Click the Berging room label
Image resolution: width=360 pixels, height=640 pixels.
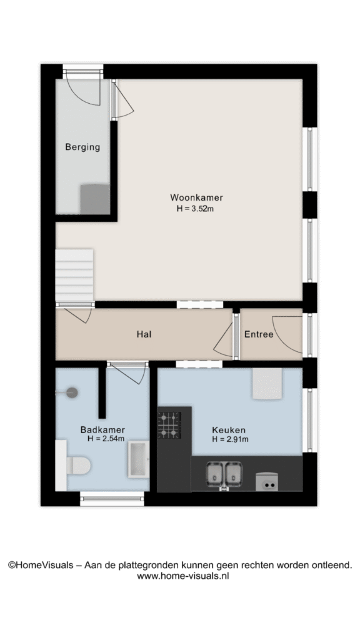click(82, 147)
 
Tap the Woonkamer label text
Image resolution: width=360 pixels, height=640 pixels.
click(196, 197)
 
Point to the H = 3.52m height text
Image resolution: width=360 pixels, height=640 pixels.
click(196, 209)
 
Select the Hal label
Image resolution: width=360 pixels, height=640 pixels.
click(144, 334)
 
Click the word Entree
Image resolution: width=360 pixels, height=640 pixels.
click(259, 334)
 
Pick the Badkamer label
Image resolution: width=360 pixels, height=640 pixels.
click(102, 430)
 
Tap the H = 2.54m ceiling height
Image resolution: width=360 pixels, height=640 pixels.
click(106, 439)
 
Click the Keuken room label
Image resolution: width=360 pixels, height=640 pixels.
click(229, 430)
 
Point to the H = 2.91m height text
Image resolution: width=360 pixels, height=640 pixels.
click(230, 439)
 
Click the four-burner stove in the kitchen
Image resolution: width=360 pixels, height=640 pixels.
click(169, 425)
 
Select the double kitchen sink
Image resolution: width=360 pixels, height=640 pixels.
click(224, 474)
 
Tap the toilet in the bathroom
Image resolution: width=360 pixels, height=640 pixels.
click(78, 465)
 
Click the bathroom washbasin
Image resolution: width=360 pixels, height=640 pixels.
click(138, 459)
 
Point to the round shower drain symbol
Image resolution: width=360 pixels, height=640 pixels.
click(72, 392)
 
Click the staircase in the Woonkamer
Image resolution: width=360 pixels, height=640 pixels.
click(74, 276)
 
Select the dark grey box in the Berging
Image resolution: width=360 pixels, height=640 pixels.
click(95, 199)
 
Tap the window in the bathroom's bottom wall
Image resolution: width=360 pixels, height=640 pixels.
click(112, 499)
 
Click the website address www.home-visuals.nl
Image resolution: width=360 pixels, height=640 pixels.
click(183, 576)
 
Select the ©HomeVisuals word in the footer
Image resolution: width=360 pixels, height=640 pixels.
click(41, 565)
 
